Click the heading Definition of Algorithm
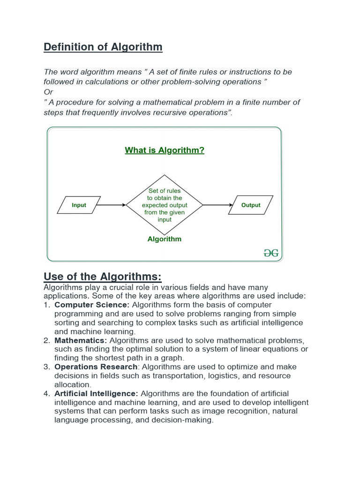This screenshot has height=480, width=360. pos(103,47)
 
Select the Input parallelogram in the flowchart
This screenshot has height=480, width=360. pos(79,205)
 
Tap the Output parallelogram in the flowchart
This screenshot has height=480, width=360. pos(251,205)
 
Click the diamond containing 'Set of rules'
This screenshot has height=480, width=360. pos(165,205)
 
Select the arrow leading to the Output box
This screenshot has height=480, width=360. pos(218,205)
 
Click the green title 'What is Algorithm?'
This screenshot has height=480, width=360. pos(165,150)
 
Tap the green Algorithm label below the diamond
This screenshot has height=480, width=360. pos(164,239)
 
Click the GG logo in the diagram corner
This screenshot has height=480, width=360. pos(271,253)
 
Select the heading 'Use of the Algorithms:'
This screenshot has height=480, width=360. pos(102,276)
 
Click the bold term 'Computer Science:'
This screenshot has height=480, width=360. pos(92,305)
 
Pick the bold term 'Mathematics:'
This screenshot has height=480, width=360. pos(81,340)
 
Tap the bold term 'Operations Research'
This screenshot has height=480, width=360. pos(96,367)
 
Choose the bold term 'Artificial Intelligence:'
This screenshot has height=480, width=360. pos(96,394)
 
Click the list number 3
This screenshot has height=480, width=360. pos(46,367)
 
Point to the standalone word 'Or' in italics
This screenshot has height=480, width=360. pos(48,92)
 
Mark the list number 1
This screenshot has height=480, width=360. pos(46,305)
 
